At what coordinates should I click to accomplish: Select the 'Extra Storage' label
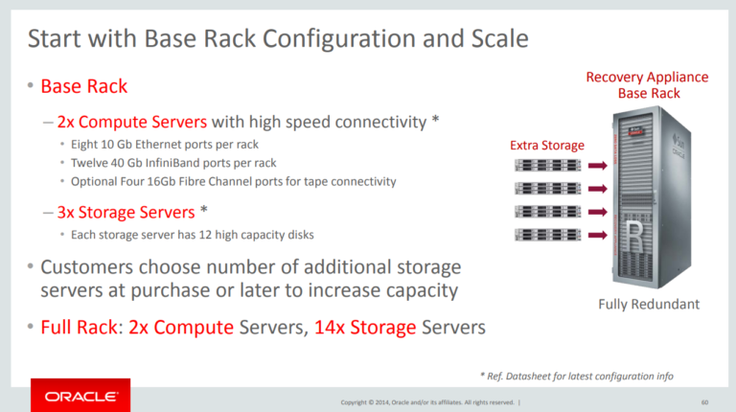546,145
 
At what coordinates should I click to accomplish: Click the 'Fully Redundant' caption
649,305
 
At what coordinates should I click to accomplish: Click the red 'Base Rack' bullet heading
83,86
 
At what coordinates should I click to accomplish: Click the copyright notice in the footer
428,401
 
